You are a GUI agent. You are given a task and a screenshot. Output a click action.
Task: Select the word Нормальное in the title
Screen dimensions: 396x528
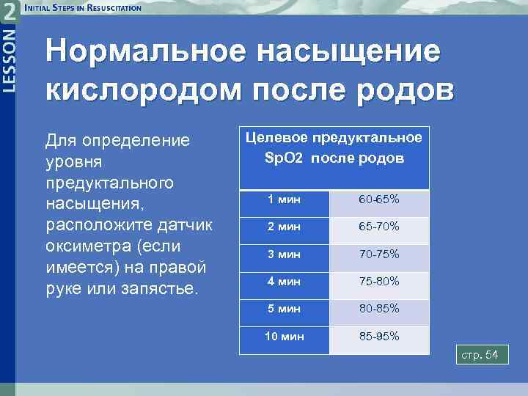coord(147,54)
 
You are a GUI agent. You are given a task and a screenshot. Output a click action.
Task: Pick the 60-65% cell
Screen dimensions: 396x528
coord(378,199)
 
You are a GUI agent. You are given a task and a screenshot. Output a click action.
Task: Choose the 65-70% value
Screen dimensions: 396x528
coord(378,227)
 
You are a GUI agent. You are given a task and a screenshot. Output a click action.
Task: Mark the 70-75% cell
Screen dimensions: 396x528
coord(378,254)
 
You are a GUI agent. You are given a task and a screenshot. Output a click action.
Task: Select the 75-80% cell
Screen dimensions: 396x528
coord(378,282)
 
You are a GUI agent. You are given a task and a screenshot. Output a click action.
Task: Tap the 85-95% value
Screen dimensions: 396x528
coord(378,337)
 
